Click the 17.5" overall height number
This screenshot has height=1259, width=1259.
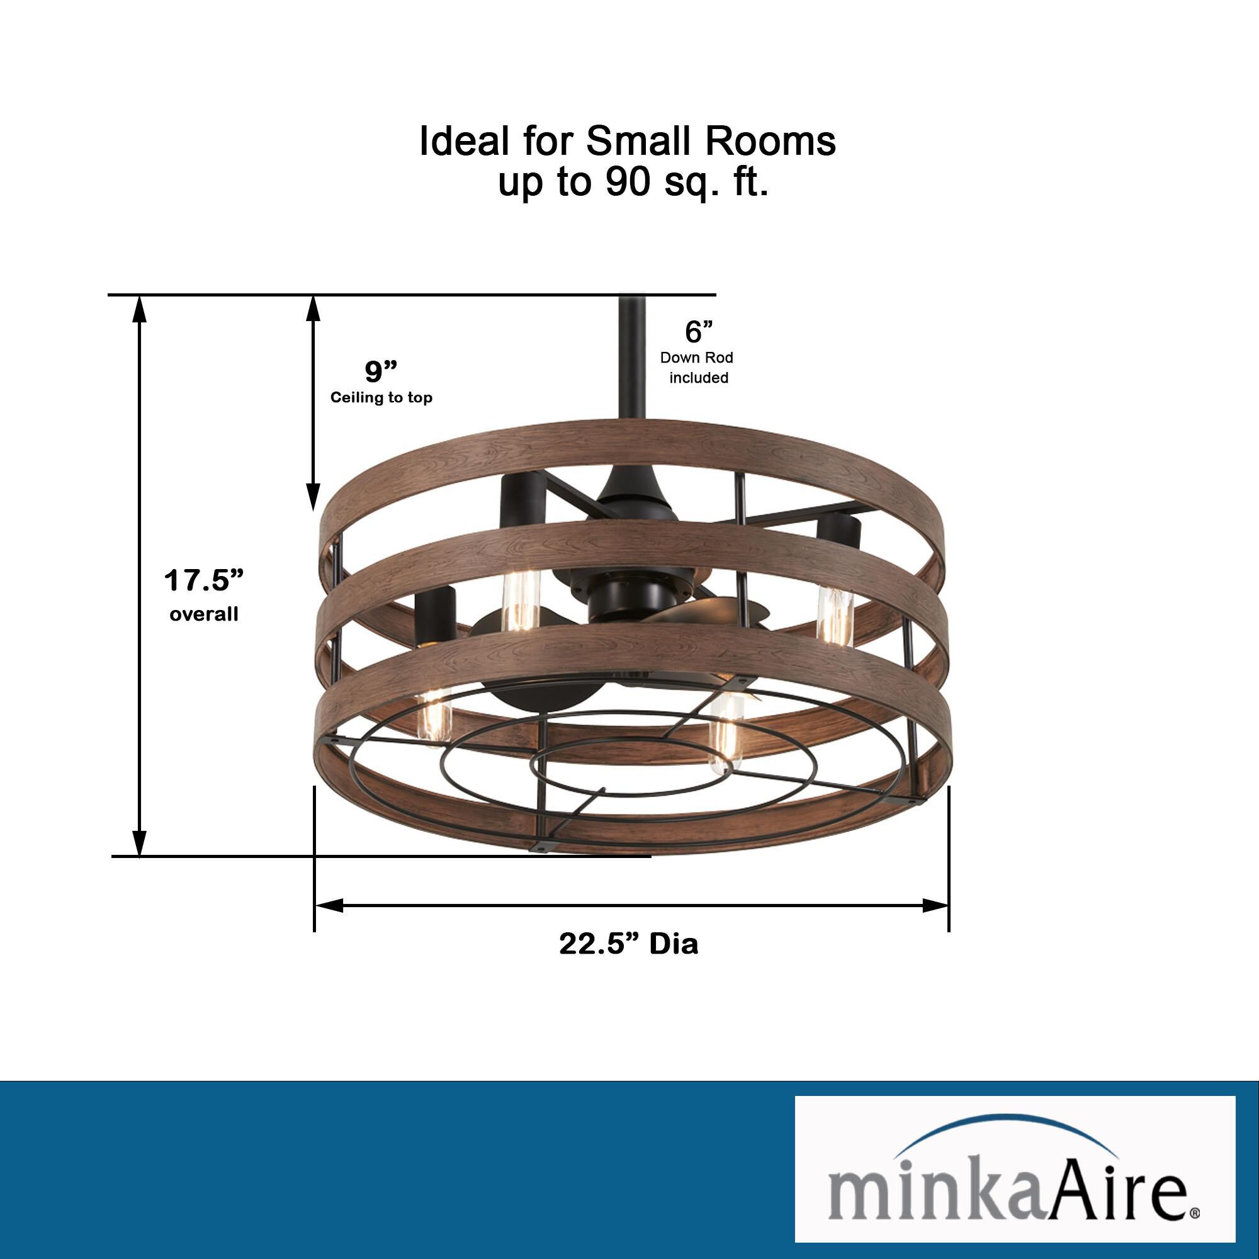point(203,580)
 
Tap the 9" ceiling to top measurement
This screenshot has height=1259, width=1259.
point(381,371)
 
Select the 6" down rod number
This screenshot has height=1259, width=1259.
point(698,332)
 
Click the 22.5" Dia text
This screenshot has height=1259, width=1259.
point(628,944)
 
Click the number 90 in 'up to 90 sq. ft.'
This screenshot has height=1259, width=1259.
point(628,182)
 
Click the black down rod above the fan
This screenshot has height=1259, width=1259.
point(632,358)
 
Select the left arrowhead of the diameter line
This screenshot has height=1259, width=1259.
point(329,905)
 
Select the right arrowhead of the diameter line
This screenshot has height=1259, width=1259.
point(936,905)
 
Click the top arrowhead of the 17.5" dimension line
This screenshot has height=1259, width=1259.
point(138,309)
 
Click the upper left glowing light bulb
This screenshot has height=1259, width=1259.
point(520,600)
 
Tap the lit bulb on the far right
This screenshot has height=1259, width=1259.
point(834,616)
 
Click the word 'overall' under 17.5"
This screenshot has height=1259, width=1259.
point(203,614)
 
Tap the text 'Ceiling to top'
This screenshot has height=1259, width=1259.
point(381,397)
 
